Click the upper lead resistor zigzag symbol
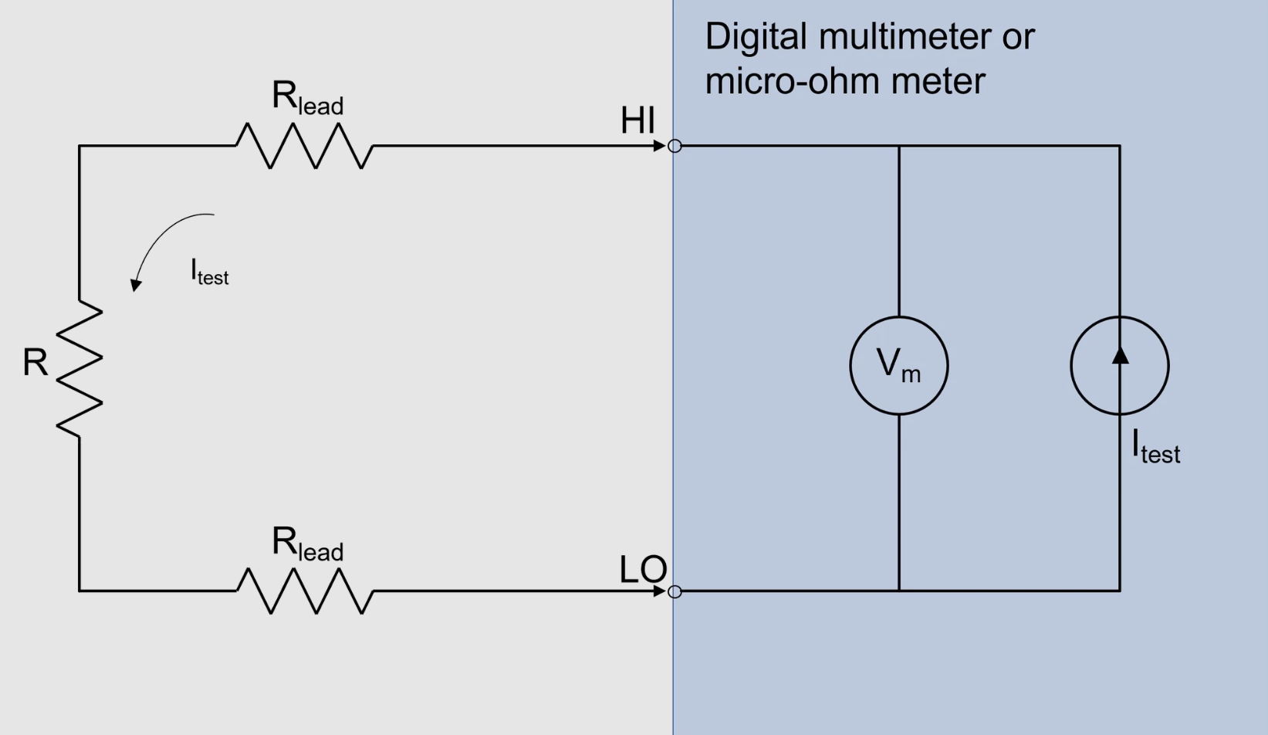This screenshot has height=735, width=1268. [305, 145]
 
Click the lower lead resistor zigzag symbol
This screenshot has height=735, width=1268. [305, 591]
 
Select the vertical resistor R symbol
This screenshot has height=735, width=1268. [79, 368]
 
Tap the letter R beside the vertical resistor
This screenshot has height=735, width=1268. [35, 362]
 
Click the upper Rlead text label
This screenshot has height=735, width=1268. [307, 99]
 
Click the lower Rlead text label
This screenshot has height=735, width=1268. [307, 544]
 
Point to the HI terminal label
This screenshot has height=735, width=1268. [637, 120]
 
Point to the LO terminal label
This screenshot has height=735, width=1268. [642, 570]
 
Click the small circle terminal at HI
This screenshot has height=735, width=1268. [675, 146]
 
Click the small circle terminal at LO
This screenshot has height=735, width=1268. [675, 591]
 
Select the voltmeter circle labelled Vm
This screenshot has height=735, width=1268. [899, 365]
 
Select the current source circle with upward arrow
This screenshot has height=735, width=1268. [1120, 365]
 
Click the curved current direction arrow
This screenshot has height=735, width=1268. [166, 243]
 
